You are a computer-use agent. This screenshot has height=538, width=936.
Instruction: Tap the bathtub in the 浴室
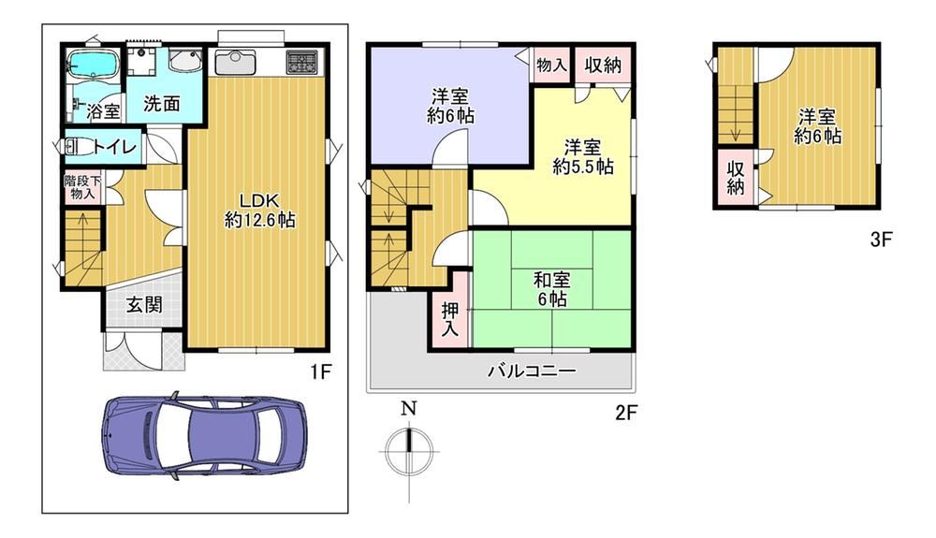point(94,64)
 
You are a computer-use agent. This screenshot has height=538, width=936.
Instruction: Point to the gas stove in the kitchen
point(303,62)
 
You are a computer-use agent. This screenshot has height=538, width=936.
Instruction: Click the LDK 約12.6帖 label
point(259,210)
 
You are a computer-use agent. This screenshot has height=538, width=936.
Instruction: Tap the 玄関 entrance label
point(144,305)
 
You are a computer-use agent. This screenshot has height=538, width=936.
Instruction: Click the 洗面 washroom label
point(161,103)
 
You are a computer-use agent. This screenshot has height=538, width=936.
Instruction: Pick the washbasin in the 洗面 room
point(185,61)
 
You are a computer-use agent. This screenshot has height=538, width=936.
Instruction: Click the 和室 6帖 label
point(551,289)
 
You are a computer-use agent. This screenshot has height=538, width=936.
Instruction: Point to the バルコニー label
point(532,371)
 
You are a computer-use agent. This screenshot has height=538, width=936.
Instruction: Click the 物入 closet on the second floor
point(551,64)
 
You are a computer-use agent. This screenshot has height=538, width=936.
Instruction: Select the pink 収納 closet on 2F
point(603,65)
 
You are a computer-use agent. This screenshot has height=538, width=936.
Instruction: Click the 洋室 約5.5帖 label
point(582,156)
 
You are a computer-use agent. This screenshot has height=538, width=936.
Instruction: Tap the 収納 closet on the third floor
point(736,177)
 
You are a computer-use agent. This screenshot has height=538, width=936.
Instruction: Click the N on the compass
point(408,409)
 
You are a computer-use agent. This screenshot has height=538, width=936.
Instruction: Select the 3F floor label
point(881,240)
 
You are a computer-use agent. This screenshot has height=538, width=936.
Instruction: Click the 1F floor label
point(319,372)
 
